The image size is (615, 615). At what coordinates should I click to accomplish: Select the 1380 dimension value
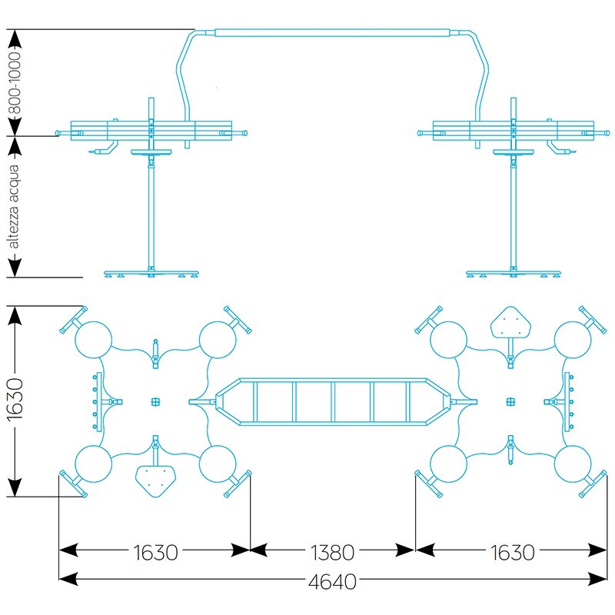tap(332, 552)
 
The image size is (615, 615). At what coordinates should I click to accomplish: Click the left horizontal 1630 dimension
tap(155, 552)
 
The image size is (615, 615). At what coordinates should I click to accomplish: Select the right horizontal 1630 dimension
tap(511, 552)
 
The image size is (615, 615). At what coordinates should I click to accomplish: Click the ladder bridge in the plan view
tap(333, 401)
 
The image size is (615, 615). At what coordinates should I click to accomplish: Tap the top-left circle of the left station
tap(94, 338)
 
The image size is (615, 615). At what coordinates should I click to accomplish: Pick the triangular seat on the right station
tap(510, 322)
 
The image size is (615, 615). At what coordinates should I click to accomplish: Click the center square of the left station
tap(155, 401)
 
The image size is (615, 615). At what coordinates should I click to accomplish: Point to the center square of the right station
tap(510, 401)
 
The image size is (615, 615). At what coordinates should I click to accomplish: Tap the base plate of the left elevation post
tap(152, 273)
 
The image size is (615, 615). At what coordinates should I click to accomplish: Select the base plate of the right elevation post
tap(513, 273)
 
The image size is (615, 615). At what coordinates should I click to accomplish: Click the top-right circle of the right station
tap(573, 338)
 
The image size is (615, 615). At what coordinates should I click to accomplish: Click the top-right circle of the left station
tap(218, 338)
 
